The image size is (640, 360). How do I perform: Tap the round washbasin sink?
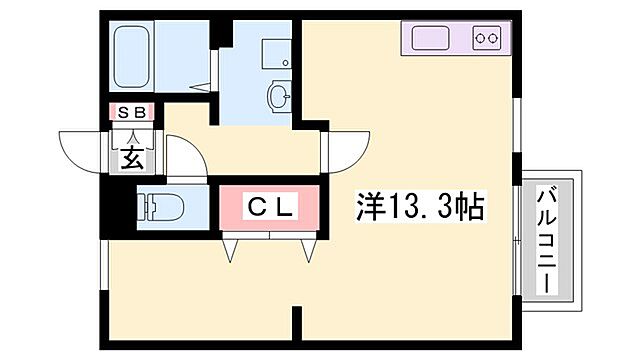coord(278,96)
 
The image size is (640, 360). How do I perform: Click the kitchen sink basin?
coord(431,39)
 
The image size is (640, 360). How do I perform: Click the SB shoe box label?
coord(131,112)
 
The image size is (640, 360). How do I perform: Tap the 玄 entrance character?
coord(131,157)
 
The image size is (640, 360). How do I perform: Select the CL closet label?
coord(270,208)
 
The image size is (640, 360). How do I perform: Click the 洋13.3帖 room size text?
coord(420,208)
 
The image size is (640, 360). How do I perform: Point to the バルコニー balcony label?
coord(549,241)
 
